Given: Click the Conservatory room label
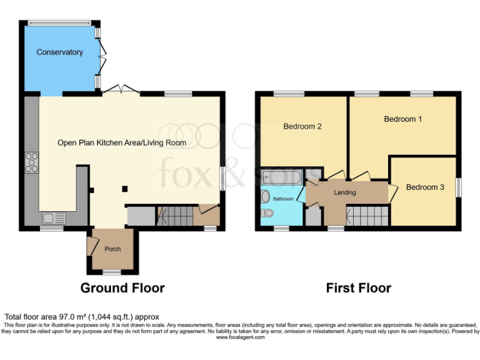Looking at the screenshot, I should pos(59,52).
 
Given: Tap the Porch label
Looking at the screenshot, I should pos(112,249).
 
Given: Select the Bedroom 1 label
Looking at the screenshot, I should pos(402,119).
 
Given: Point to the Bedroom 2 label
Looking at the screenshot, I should pos(302,126).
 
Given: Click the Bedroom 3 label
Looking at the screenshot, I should pos(425,187).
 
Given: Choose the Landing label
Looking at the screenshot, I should pos(344,192).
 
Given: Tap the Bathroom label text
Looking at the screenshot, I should pos(282,199).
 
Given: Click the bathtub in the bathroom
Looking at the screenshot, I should pos(281,177).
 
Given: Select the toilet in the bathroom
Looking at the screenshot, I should pos(267,214).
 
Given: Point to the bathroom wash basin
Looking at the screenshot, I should pos(265,195).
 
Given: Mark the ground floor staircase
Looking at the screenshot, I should pos(177,217).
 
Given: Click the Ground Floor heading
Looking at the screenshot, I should pos(122,288).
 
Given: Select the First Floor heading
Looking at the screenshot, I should pos(358,288).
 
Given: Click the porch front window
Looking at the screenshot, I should pos(112,272).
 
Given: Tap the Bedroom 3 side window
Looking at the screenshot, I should pos(458,187).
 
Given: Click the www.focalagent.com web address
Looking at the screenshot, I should pos(240,337).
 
